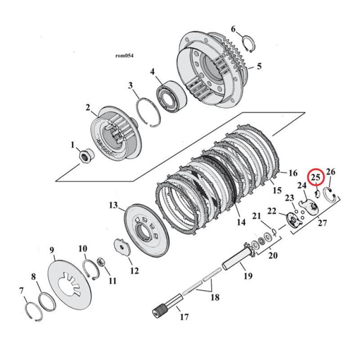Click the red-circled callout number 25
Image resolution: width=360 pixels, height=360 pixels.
coord(315,178)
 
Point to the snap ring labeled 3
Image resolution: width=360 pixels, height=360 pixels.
coord(149,111)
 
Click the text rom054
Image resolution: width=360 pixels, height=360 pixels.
coord(125,56)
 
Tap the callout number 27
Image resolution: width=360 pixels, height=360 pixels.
coord(322,222)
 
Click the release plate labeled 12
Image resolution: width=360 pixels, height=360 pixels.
coord(121,247)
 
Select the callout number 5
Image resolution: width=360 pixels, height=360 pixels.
coord(259,67)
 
